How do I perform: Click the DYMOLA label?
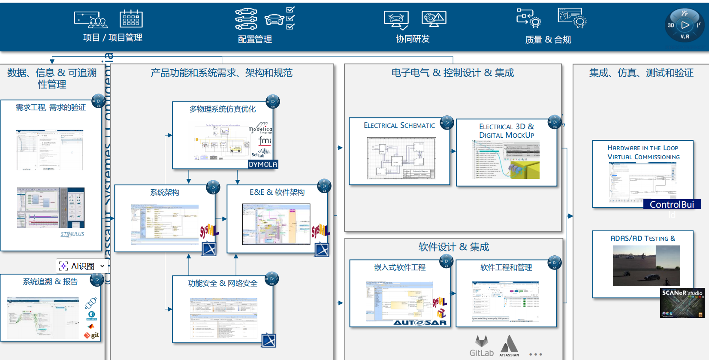263,164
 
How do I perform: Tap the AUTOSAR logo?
420,323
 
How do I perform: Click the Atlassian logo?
509,346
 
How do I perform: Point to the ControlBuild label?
672,205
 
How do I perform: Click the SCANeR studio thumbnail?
682,303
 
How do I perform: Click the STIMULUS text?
72,234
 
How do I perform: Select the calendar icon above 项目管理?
131,19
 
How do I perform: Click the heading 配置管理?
255,39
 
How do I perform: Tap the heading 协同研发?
413,39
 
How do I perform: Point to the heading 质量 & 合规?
548,40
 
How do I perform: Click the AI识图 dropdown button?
82,266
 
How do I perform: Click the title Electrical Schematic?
399,125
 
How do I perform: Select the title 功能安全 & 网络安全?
223,283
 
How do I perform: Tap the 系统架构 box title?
165,192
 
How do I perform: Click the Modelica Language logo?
260,128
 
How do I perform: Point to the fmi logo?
265,141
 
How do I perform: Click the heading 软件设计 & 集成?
454,247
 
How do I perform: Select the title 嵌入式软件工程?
400,267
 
